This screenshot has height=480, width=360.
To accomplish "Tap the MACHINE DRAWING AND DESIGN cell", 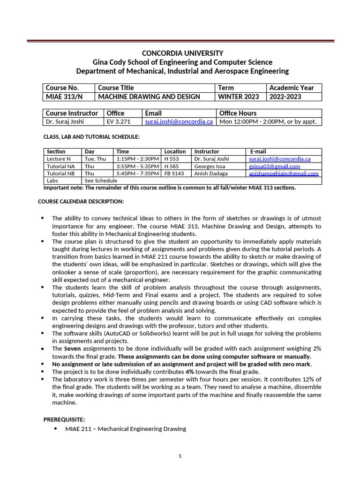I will pos(149,97).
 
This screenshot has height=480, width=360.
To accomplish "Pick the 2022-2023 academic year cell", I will pos(285,97).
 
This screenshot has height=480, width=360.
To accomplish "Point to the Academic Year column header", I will pos(292,88).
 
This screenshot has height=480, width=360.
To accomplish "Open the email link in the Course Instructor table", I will pos(179,121).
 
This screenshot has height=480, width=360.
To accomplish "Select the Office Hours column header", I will pos(238,113).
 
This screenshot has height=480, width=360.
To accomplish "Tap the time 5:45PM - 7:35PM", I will pos(136,173).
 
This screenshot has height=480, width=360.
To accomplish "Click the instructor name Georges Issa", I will pos(210,166).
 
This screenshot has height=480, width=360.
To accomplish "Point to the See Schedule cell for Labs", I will pos(101,180).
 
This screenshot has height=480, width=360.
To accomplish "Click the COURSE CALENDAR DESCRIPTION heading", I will pos(81,202).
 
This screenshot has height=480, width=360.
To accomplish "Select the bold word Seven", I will pos(72,349).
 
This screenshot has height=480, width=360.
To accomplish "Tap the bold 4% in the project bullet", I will pos(190,372).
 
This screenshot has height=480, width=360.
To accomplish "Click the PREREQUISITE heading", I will pos(64,419).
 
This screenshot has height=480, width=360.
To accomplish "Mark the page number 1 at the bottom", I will pos(180,456).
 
